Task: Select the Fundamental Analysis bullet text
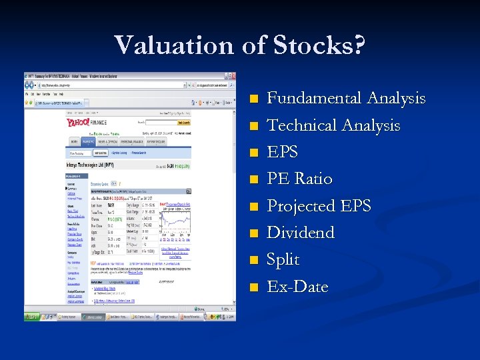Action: coord(346,99)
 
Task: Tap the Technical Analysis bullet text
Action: coord(333,125)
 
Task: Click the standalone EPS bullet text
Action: coord(283,152)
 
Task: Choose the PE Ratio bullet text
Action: coord(299,179)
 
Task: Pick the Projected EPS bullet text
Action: coord(319,206)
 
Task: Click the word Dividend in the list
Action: coord(301,233)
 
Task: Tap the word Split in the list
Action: coord(283,259)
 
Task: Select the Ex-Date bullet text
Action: coord(297,287)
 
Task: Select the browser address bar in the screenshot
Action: coord(107,85)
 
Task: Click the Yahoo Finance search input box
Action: coord(161,123)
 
